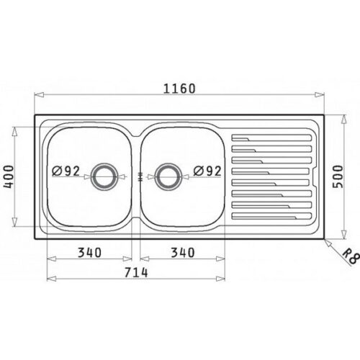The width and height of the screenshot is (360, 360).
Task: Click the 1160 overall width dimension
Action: [x=179, y=89]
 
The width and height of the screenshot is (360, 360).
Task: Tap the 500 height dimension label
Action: [x=339, y=176]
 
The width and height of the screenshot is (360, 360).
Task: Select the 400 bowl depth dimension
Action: [x=9, y=176]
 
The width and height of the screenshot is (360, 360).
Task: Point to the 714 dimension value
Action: [x=136, y=272]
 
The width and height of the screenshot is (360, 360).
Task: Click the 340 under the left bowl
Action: [x=89, y=253]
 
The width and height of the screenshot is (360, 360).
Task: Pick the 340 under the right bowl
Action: [x=183, y=253]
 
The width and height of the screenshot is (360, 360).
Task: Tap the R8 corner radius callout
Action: [x=352, y=256]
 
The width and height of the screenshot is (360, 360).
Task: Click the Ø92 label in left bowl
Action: [x=66, y=171]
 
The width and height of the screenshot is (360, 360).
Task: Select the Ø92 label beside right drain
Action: [x=207, y=171]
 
